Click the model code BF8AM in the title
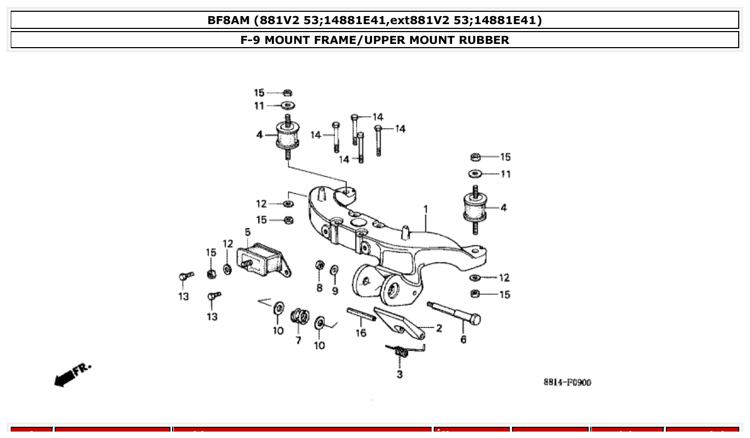pos(229,20)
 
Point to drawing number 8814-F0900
pos(567,382)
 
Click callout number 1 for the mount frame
pos(426,209)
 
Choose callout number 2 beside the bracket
pos(439,328)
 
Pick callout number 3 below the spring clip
pos(399,374)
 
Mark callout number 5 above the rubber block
pos(248,232)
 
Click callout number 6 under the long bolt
pos(463,339)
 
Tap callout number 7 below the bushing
pos(298,341)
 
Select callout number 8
pos(320,288)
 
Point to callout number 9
pos(335,291)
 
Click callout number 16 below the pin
pos(361,333)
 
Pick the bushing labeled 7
pos(299,316)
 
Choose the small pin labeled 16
pos(360,314)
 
